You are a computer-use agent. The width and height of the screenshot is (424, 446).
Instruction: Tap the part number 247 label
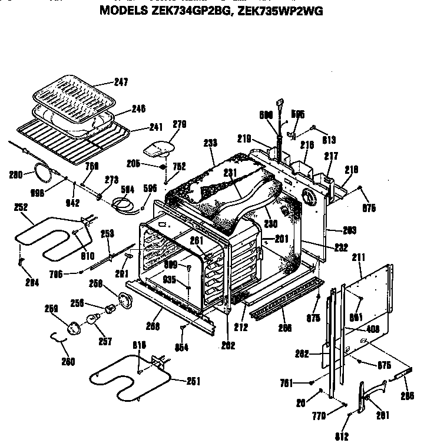pyautogui.click(x=121, y=82)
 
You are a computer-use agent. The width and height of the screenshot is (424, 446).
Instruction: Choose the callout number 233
pyautogui.click(x=209, y=142)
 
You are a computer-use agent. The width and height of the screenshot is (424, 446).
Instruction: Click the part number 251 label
pyautogui.click(x=194, y=381)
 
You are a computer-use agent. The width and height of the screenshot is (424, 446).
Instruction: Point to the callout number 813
pyautogui.click(x=329, y=140)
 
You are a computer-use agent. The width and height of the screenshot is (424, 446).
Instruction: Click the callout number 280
pyautogui.click(x=16, y=174)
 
